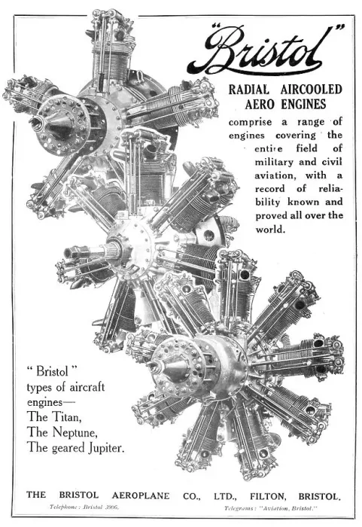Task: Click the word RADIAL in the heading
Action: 248,90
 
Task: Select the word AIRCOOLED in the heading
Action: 312,90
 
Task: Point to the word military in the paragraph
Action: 274,163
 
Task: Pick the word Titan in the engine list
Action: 67,417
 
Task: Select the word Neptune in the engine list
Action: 75,433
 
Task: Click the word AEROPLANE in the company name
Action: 141,495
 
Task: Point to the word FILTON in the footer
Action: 268,496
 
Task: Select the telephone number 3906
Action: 111,507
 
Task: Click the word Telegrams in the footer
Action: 239,508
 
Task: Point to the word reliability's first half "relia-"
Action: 330,189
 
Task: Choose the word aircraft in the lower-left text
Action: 87,387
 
